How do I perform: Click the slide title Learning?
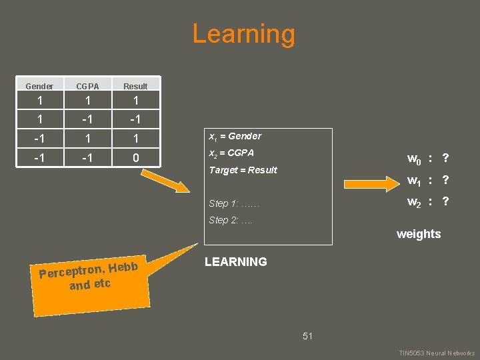243,34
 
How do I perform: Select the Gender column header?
39,86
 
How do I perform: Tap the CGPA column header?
87,86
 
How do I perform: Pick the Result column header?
135,86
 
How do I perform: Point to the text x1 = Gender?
235,136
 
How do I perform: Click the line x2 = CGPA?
231,153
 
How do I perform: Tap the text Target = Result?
243,170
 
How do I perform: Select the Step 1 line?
233,203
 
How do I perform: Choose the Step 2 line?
230,220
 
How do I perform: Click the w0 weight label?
414,159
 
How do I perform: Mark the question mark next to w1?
445,181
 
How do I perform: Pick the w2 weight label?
414,202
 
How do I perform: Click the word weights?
419,234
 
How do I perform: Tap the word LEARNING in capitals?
235,262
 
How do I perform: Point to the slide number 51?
307,336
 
